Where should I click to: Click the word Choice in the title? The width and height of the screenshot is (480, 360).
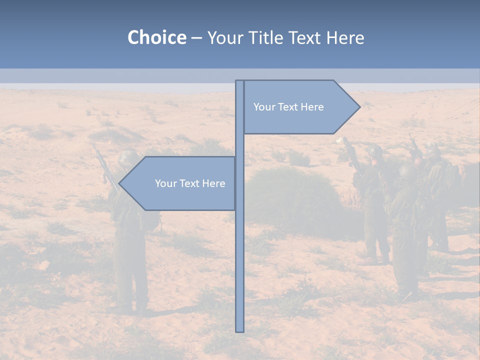pos(156,37)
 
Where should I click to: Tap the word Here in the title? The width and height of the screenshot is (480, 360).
pos(344,37)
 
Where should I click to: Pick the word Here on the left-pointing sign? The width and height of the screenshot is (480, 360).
pos(213,183)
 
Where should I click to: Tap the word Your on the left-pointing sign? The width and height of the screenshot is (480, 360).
pos(165,183)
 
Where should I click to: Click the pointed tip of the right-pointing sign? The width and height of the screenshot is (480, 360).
pos(359,106)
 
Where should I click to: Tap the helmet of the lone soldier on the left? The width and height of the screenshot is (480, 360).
pos(129,158)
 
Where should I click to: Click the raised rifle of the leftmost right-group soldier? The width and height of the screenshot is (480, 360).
pos(350,152)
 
